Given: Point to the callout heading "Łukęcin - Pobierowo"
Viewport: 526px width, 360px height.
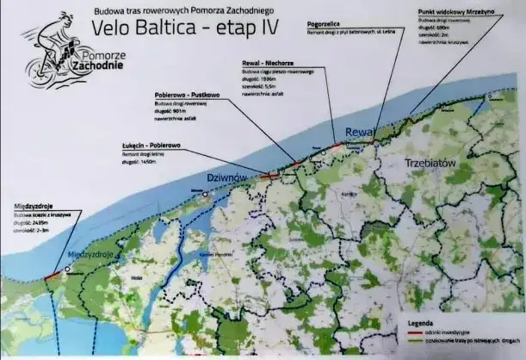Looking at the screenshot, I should [152, 146].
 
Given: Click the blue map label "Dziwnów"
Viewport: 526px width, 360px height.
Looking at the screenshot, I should [228, 177].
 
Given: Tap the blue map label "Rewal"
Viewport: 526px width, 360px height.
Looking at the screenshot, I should [356, 131].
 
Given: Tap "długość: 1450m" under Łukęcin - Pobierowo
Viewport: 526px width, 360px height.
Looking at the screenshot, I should [143, 161].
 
